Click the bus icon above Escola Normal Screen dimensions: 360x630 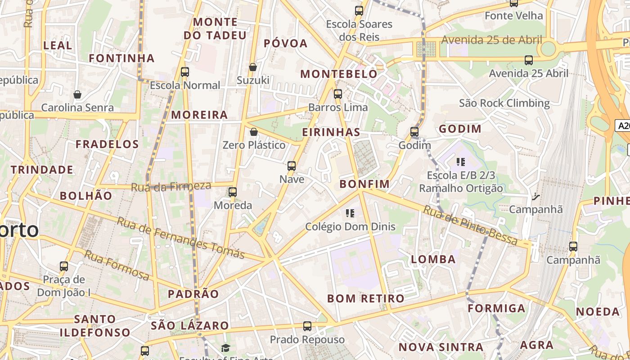(x=184, y=72)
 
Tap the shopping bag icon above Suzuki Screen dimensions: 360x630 (x=253, y=67)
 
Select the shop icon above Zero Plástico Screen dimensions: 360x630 (x=254, y=132)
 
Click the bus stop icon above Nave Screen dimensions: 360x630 (x=292, y=166)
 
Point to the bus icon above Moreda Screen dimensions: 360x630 (x=233, y=192)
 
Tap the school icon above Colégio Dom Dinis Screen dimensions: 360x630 (x=350, y=213)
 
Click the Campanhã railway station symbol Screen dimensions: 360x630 (x=535, y=196)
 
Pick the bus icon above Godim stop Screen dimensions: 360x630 (x=414, y=132)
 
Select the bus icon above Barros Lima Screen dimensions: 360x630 (x=338, y=94)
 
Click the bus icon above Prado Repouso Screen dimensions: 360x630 (x=307, y=326)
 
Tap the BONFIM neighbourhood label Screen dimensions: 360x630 (x=364, y=184)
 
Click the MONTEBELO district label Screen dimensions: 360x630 (x=339, y=74)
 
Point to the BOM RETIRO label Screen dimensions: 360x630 (x=365, y=298)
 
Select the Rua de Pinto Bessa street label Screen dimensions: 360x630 (x=470, y=225)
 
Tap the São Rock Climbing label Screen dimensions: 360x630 (x=504, y=103)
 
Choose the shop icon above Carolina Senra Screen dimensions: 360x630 (x=77, y=94)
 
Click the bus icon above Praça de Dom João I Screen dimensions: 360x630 (x=64, y=266)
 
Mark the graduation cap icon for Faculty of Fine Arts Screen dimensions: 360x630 (x=225, y=348)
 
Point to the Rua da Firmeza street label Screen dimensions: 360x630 (x=171, y=186)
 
